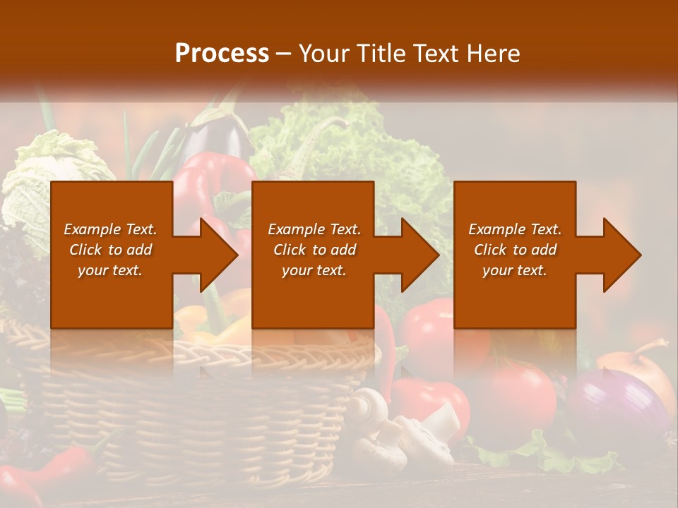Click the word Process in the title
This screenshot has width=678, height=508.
click(222, 53)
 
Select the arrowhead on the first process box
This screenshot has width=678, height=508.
click(215, 255)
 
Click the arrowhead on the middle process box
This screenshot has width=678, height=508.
click(417, 255)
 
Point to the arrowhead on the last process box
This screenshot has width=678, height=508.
click(619, 255)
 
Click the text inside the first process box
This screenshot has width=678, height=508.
click(110, 250)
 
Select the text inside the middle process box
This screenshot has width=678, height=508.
click(314, 250)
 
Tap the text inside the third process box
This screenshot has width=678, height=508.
click(515, 250)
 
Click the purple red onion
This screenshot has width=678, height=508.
click(614, 409)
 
